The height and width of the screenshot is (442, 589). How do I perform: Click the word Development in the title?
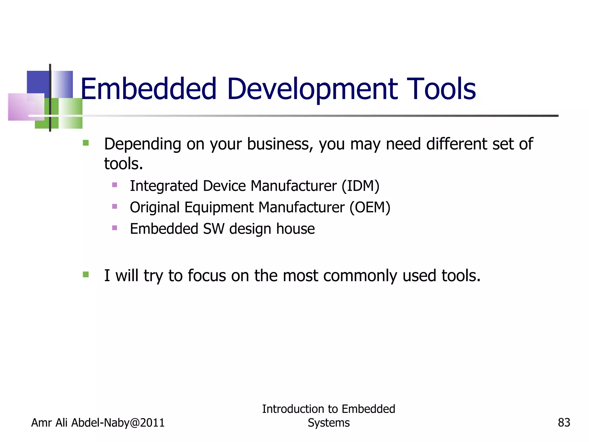tap(312, 89)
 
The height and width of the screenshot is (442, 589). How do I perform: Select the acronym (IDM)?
tap(360, 186)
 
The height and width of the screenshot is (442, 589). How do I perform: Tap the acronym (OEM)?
tap(370, 207)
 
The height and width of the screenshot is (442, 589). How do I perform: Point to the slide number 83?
tap(564, 423)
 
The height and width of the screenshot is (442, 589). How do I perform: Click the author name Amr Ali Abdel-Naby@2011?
tap(98, 423)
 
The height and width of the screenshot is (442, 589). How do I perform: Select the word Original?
tap(155, 207)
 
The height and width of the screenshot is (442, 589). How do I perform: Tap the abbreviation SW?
tap(213, 229)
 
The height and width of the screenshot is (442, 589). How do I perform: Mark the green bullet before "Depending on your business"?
tap(86, 143)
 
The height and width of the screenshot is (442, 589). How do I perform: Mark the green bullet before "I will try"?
tap(86, 275)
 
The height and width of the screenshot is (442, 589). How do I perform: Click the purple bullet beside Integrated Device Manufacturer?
tap(114, 185)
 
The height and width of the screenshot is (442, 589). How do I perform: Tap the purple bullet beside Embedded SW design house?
tap(114, 228)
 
